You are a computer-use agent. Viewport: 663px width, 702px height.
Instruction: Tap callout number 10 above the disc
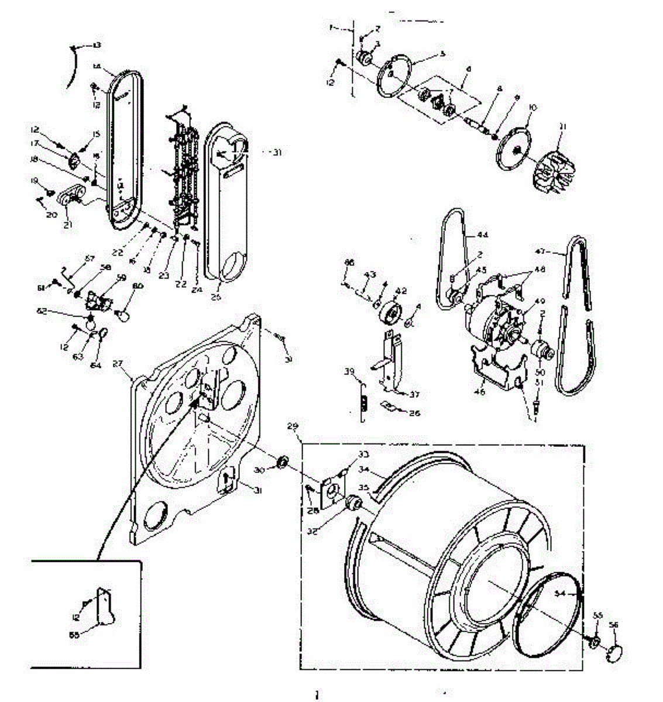pos(533,108)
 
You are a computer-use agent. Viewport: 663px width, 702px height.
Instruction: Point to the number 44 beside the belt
pos(482,235)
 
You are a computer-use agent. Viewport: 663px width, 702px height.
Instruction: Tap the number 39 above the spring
pos(349,372)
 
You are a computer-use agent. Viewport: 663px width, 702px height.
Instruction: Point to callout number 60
pos(138,285)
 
